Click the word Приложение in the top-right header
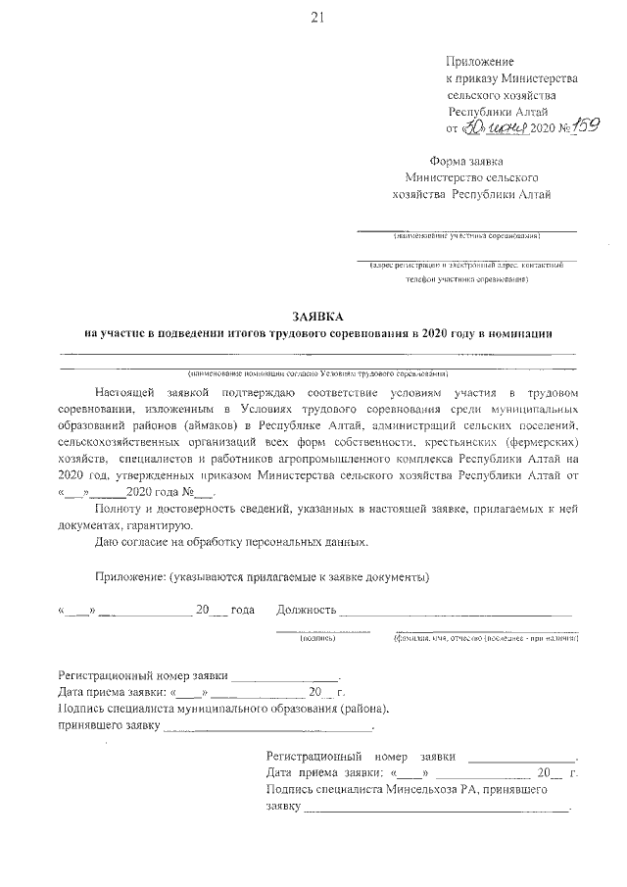point(480,61)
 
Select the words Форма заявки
point(466,161)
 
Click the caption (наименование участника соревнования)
point(465,236)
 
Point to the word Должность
point(307,610)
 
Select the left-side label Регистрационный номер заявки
point(143,675)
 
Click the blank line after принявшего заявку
point(267,730)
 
